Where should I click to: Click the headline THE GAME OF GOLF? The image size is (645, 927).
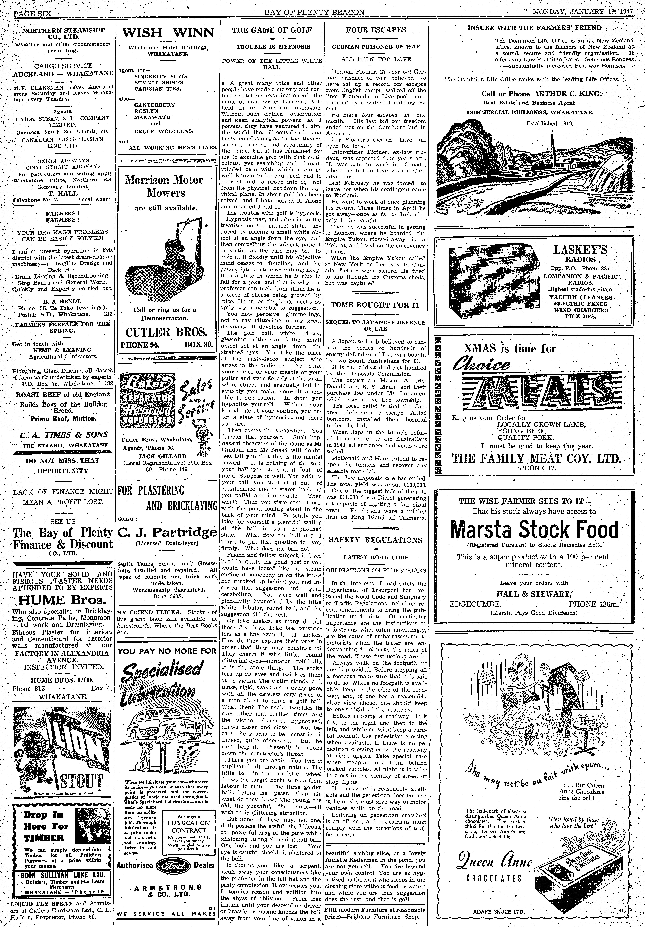click(272, 30)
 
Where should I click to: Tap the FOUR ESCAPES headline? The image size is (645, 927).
click(376, 30)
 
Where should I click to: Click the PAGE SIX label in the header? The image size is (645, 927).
click(32, 13)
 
